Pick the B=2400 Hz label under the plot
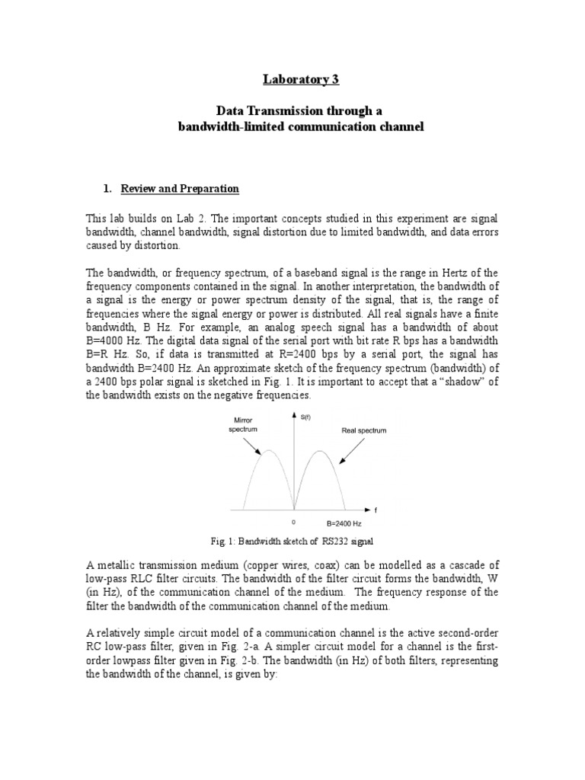click(329, 523)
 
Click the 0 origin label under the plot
click(294, 523)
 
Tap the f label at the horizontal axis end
click(377, 510)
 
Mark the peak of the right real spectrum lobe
click(321, 452)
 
